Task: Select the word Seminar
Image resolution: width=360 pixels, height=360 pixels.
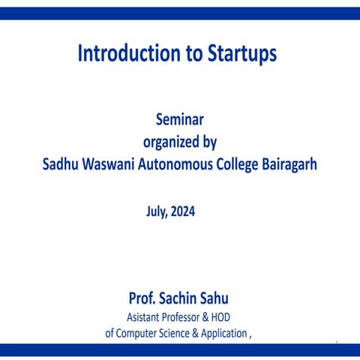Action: [179, 118]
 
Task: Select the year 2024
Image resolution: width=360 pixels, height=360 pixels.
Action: [182, 211]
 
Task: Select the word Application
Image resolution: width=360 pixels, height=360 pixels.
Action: [223, 334]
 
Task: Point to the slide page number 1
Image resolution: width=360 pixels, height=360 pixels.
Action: [337, 343]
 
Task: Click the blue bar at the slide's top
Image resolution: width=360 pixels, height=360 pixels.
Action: [180, 13]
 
